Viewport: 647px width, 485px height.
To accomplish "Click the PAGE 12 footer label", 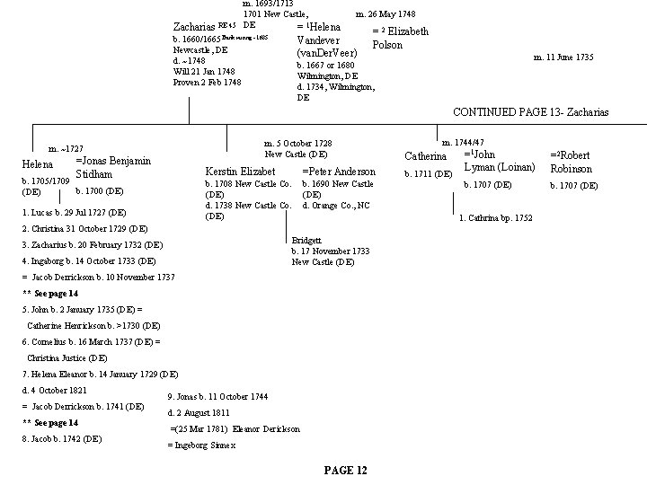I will (x=344, y=472).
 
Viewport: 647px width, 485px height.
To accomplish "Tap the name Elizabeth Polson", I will (x=401, y=38).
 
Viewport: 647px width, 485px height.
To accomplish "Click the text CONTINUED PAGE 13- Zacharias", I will (x=530, y=111).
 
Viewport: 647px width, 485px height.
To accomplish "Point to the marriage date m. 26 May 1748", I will (x=386, y=14).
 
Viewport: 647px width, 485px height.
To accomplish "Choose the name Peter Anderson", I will (x=339, y=171).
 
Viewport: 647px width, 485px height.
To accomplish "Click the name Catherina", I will (x=426, y=157).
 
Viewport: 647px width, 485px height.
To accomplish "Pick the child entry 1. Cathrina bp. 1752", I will (x=495, y=218).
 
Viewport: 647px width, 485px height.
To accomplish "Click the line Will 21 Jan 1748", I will (x=204, y=72).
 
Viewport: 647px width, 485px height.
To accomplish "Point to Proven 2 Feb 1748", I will (x=207, y=83).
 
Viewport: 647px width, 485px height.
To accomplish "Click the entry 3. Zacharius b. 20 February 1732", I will (x=93, y=244).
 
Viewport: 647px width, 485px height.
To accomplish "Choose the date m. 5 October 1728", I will (x=297, y=144).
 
